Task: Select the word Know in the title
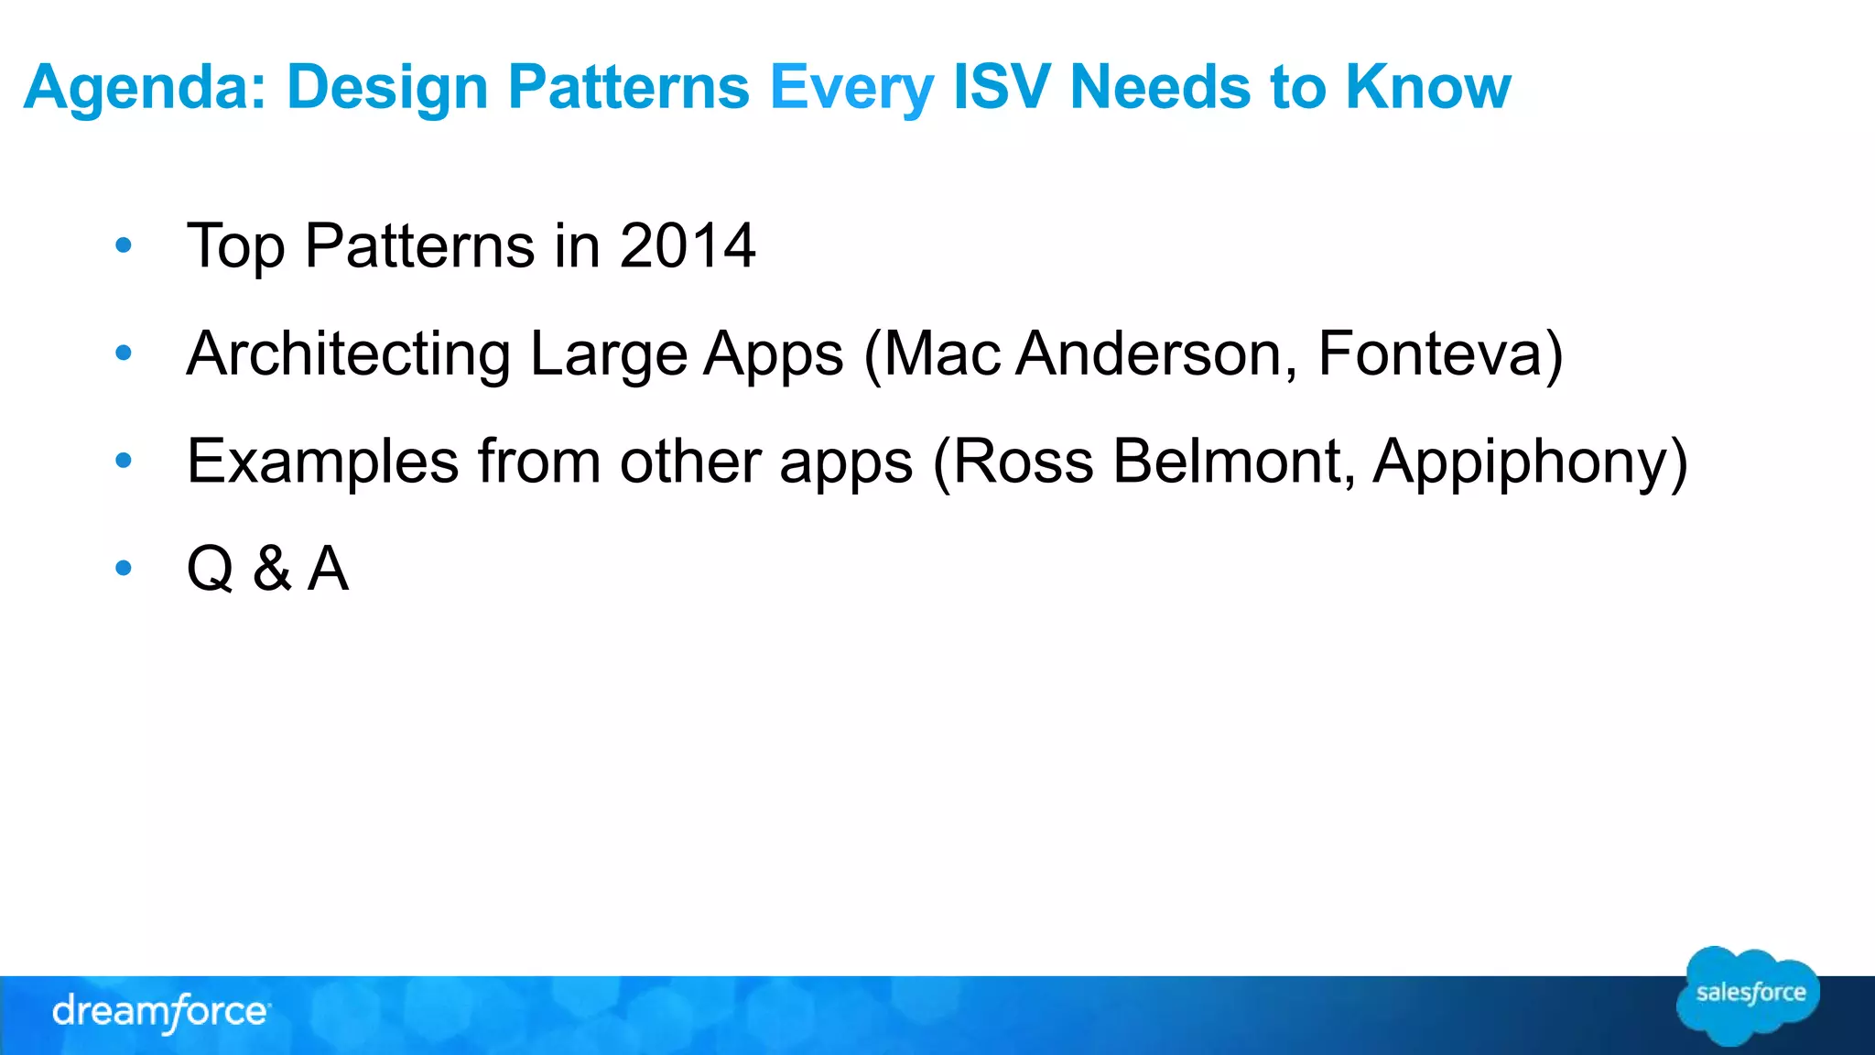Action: (1428, 87)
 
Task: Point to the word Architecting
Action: (349, 354)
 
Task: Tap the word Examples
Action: (322, 462)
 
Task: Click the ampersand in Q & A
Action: (272, 569)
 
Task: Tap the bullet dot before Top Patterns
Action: (124, 245)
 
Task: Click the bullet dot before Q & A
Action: (124, 569)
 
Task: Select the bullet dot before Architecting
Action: (124, 353)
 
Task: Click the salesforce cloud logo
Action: (1748, 995)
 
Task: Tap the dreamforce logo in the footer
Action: (160, 1012)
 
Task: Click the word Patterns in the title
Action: (628, 87)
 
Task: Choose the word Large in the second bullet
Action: (608, 354)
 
